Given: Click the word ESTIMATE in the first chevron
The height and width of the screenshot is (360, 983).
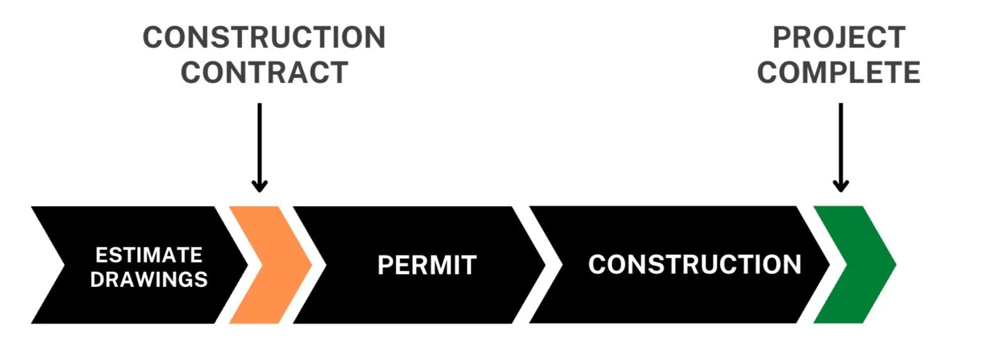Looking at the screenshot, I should coord(149,255).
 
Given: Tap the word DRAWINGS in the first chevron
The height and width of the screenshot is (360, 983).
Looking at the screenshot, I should coord(149,279).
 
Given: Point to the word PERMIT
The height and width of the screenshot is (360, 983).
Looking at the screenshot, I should coord(427,265).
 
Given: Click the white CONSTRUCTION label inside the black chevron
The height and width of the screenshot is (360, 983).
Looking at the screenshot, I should coord(694,264).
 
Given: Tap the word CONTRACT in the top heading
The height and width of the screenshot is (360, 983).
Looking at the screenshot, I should coord(264,72).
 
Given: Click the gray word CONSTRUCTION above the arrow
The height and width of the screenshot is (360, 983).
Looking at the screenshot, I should coord(264,38).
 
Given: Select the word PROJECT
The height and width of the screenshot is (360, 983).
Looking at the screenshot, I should coord(839,38).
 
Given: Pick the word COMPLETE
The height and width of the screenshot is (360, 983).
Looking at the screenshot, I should coord(839,72).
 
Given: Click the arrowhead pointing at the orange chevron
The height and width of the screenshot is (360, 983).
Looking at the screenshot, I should coord(259,186).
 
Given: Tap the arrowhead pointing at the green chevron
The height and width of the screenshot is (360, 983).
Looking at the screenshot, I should coord(840,186).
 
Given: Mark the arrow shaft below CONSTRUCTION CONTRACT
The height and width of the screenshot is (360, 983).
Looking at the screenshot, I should coord(259,142).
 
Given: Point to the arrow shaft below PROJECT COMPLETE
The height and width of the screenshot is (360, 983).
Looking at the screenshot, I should coord(840,142).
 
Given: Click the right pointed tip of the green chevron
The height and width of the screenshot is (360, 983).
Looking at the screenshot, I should coord(894,265).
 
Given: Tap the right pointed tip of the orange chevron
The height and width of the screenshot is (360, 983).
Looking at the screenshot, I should coord(310,265).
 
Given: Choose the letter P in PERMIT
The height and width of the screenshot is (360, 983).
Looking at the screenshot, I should coord(385,265).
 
